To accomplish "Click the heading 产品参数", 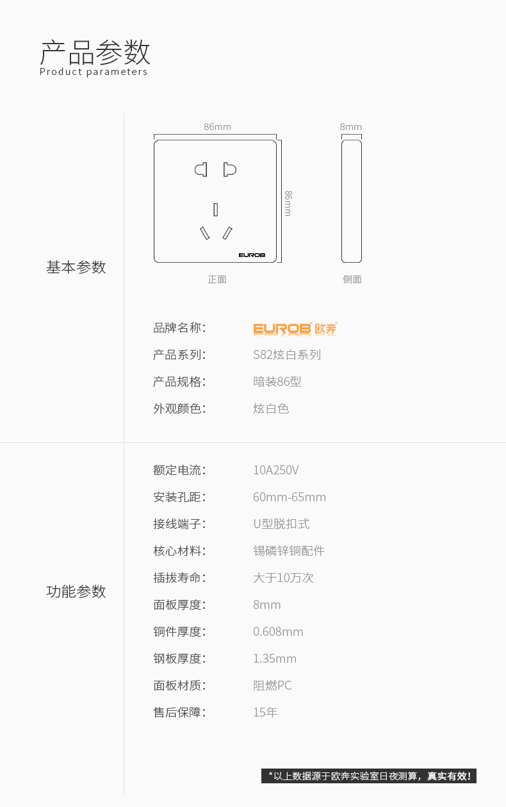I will tap(95, 52).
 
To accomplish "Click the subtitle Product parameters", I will tap(94, 72).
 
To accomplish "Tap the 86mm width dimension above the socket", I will tap(217, 127).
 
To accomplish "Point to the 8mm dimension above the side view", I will tap(351, 127).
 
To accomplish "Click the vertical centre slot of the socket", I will tap(216, 210).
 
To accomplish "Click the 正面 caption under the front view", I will tap(217, 279).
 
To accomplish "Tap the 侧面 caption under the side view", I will tap(352, 279).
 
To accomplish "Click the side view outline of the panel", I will tap(352, 201).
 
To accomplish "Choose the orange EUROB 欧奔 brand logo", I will tap(295, 328).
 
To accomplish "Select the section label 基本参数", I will tap(76, 267).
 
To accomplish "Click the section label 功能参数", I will tap(76, 592).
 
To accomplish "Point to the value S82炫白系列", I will tap(287, 355).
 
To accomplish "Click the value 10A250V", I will tap(276, 470).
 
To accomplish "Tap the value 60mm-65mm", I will tap(290, 497).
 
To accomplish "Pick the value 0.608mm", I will tap(278, 632).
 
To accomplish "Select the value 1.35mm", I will tap(275, 659).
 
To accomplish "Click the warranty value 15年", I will tap(265, 713).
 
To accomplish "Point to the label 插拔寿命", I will tap(179, 578).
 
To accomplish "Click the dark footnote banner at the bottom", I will tap(369, 776).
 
